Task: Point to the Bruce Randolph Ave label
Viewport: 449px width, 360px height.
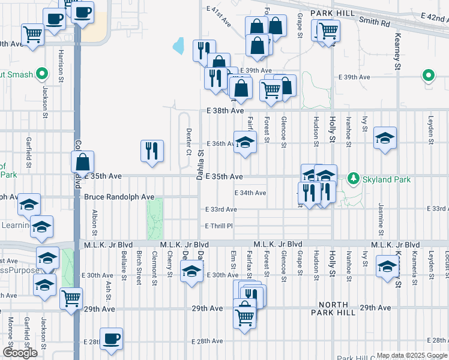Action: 119,197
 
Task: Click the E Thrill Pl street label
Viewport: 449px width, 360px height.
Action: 218,226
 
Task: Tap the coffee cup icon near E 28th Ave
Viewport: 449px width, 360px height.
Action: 112,340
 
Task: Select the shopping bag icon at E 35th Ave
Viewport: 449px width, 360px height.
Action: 82,162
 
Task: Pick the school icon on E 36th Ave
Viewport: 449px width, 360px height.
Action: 245,143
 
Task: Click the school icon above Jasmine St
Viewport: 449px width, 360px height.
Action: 385,139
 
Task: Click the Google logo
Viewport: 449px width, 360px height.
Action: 20,353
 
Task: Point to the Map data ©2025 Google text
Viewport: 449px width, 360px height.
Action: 412,355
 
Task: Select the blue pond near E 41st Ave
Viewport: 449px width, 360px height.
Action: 178,46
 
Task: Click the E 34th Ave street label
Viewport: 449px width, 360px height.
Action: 250,193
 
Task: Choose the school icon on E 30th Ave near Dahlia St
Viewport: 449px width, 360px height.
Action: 191,273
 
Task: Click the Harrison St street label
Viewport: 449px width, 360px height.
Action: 61,66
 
